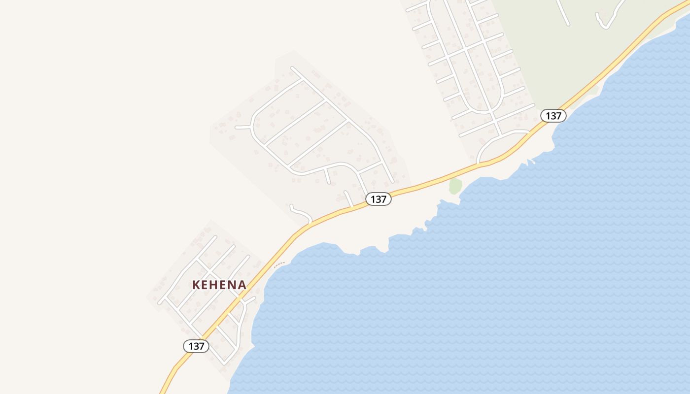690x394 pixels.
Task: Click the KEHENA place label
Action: (x=219, y=285)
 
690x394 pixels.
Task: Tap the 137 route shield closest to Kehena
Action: (x=196, y=346)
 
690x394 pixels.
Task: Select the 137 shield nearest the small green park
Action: (x=379, y=199)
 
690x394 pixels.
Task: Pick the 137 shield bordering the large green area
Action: (x=553, y=116)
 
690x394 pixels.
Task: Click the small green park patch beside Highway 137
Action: (x=455, y=186)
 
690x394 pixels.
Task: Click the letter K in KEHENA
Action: (x=196, y=285)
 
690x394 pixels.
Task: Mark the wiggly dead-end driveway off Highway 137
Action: (x=301, y=213)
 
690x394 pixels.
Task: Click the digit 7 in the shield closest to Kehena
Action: (x=202, y=346)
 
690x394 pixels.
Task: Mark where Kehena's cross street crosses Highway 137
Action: (x=240, y=299)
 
